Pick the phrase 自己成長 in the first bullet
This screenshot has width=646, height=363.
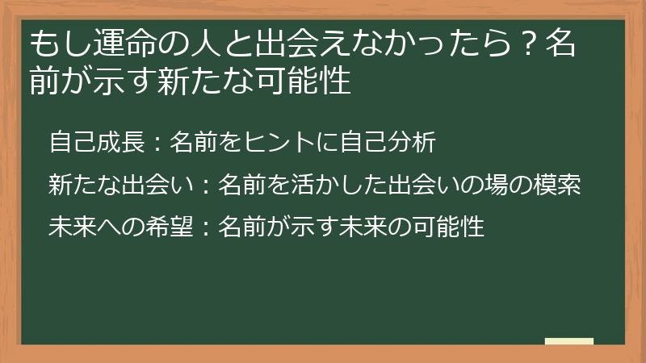click(x=96, y=142)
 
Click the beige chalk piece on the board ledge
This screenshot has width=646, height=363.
click(x=568, y=341)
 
